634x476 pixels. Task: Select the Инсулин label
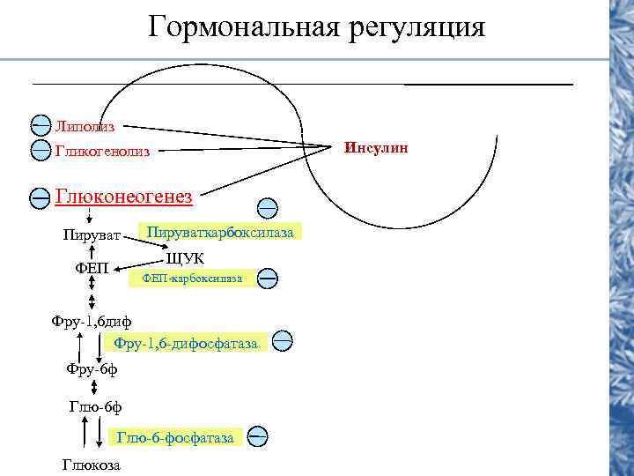377,147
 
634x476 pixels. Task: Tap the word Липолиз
85,127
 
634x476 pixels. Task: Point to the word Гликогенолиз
102,152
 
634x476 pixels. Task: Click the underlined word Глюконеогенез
123,196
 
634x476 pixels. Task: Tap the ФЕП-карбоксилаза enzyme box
193,279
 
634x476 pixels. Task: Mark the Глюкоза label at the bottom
92,465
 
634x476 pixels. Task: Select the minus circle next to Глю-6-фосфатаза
258,435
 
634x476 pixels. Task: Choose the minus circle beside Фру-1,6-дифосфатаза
283,339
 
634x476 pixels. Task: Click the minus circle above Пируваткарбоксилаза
268,208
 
